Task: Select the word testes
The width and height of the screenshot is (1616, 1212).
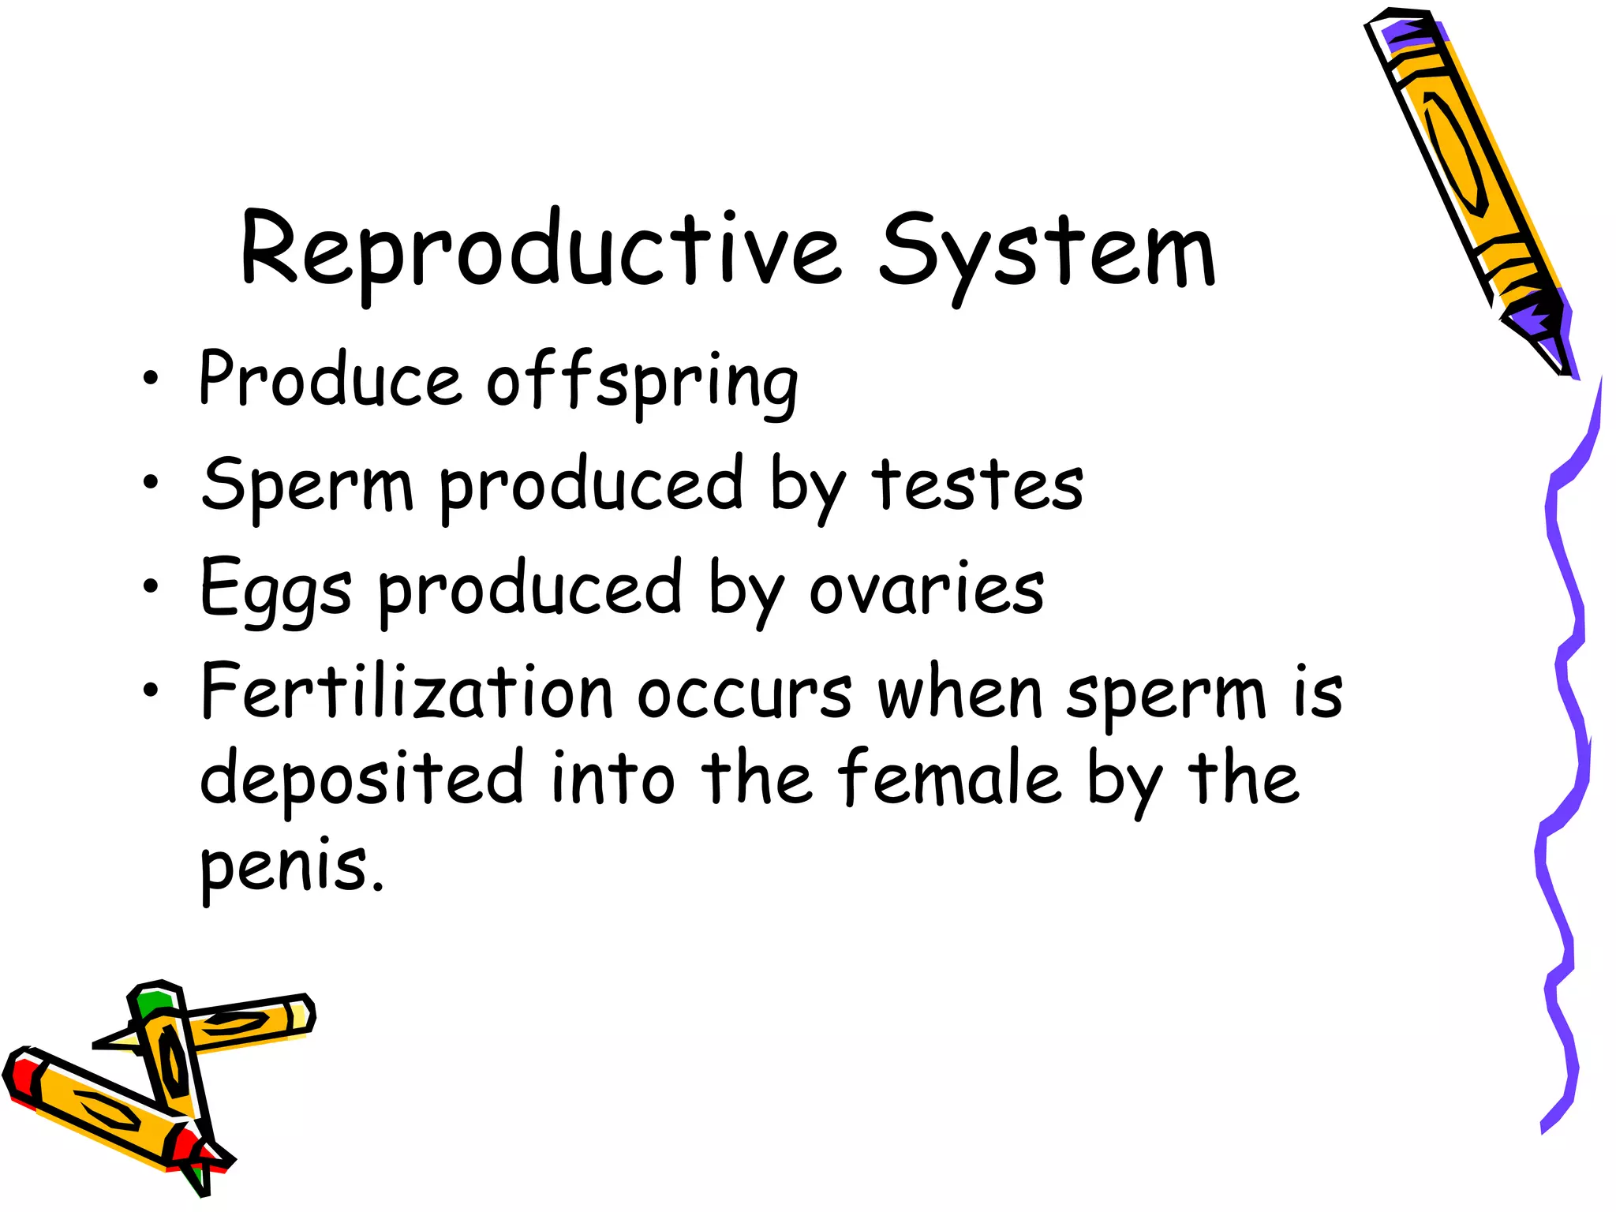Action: click(977, 484)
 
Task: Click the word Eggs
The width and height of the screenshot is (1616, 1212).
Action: click(275, 590)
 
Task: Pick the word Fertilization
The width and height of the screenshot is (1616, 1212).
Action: click(407, 692)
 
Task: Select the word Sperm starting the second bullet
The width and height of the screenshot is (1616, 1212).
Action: click(307, 484)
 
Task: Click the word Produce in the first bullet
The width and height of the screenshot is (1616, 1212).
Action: click(330, 380)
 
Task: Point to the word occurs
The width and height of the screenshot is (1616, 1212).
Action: click(745, 694)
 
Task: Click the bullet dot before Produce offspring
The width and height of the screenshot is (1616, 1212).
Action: click(150, 378)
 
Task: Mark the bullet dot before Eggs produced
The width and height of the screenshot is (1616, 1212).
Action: click(150, 586)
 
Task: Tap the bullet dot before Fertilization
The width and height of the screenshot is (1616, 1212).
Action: click(150, 690)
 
